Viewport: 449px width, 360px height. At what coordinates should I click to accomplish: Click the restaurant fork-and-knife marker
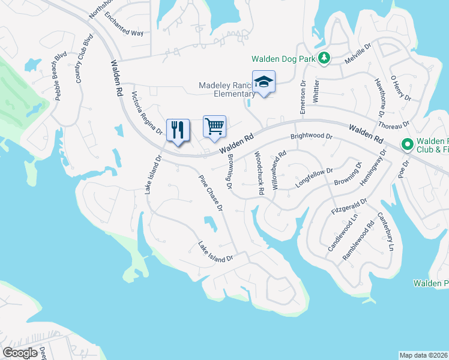[x=178, y=130]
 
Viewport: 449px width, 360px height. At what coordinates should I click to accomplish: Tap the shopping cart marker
[x=214, y=127]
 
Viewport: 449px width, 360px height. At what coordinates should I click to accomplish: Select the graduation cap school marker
[x=264, y=82]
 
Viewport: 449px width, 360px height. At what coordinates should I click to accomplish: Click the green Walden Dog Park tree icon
[x=324, y=58]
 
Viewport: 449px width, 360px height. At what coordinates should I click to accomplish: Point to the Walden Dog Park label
[x=283, y=59]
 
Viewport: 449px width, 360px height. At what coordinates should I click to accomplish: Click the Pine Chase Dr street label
[x=211, y=192]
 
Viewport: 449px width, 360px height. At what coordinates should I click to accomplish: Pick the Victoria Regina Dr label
[x=147, y=113]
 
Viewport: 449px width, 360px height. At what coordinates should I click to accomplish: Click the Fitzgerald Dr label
[x=349, y=208]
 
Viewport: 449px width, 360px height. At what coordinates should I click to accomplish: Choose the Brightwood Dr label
[x=311, y=136]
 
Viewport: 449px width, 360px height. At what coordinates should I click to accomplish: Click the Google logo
[x=20, y=353]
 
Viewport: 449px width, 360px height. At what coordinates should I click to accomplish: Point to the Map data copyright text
[x=424, y=355]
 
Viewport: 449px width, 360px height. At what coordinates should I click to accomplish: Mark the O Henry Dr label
[x=401, y=88]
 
